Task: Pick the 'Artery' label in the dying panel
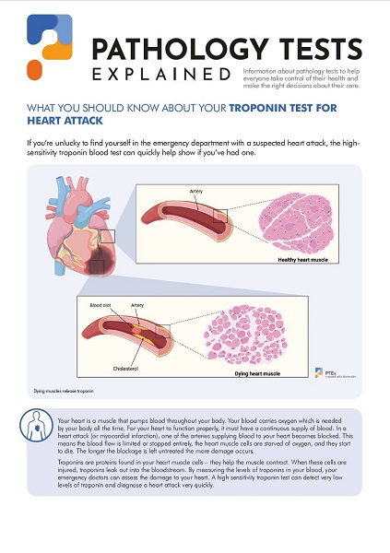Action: [x=137, y=303]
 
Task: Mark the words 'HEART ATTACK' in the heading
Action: [x=64, y=120]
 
